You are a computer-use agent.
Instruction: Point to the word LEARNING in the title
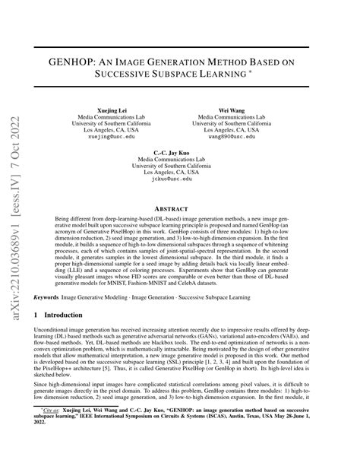pos(247,75)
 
